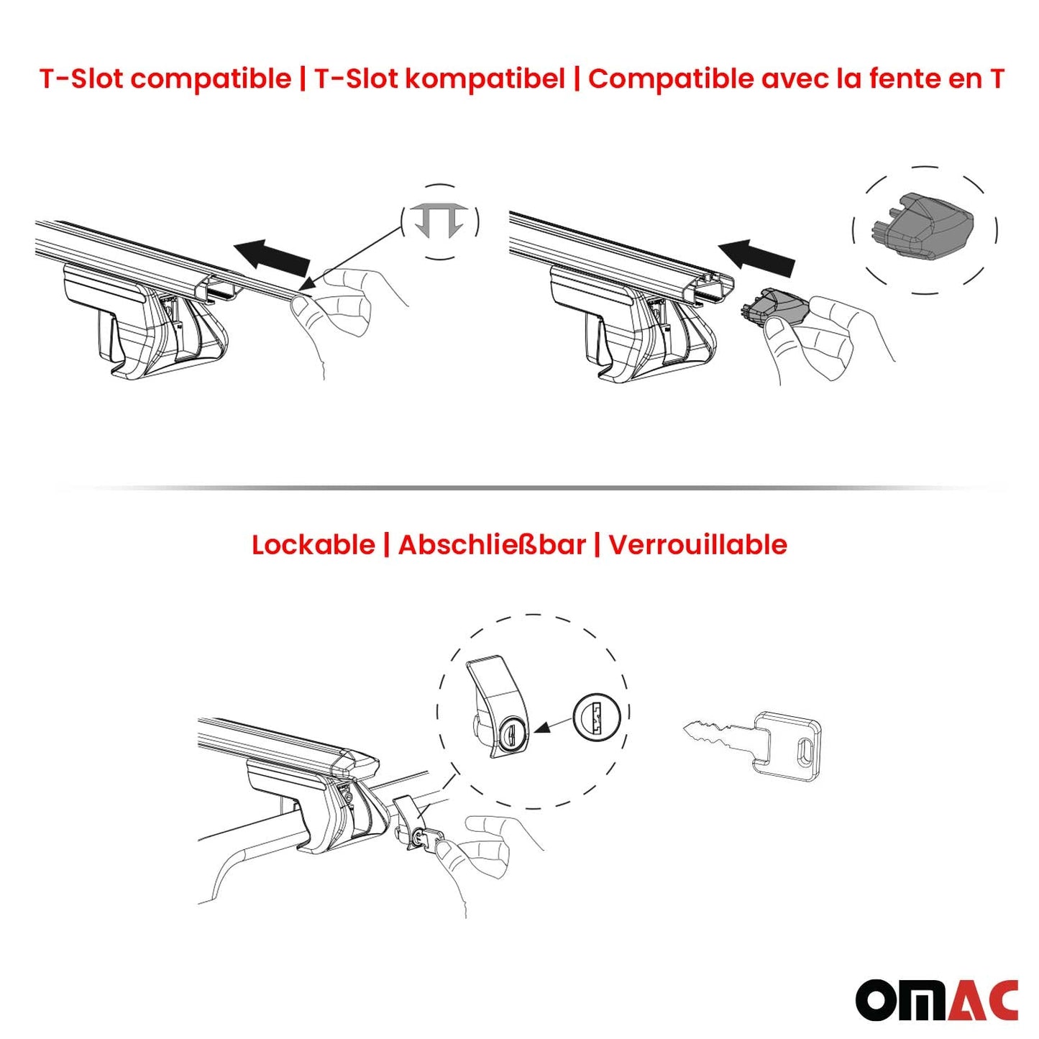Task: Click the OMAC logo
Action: tap(936, 999)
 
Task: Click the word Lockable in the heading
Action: tap(313, 544)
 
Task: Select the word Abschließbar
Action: tap(492, 544)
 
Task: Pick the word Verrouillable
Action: tap(697, 544)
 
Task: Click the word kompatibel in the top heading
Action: tap(485, 78)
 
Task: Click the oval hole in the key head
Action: tap(804, 748)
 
